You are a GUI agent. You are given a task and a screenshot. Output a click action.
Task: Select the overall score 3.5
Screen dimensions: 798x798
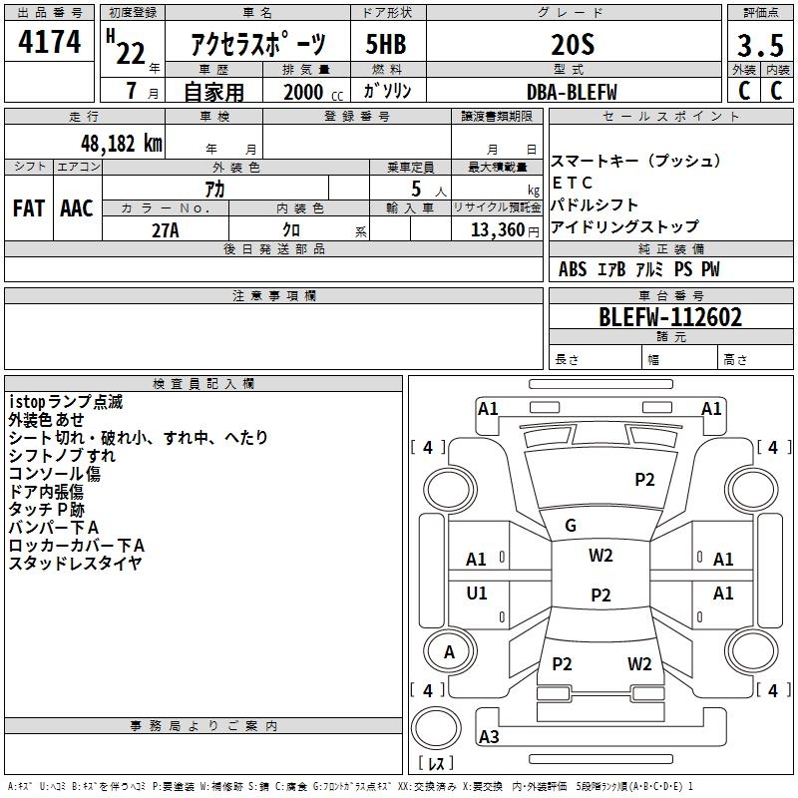[760, 45]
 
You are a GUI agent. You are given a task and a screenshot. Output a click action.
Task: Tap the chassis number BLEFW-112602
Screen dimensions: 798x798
[670, 318]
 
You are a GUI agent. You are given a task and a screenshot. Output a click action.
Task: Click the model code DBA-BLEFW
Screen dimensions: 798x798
[572, 92]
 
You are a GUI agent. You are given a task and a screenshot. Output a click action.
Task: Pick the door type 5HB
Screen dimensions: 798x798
[385, 45]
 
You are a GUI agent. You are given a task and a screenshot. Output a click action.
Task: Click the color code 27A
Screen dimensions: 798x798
[166, 229]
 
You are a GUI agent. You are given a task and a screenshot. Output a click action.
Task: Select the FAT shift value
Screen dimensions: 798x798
[29, 208]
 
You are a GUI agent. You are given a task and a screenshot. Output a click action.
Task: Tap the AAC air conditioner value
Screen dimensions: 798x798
[77, 208]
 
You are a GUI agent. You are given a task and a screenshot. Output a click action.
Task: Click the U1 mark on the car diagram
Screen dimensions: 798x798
[477, 594]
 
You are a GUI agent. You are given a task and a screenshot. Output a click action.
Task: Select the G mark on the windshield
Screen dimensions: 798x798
[571, 526]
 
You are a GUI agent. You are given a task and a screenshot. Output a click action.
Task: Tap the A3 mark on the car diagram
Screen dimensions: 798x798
[489, 737]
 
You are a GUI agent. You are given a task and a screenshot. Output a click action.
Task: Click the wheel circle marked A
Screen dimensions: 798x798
[449, 652]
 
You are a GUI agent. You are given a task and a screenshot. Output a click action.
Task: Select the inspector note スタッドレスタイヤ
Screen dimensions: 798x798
[76, 564]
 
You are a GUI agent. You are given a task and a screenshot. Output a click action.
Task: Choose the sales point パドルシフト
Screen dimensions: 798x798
[595, 204]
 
